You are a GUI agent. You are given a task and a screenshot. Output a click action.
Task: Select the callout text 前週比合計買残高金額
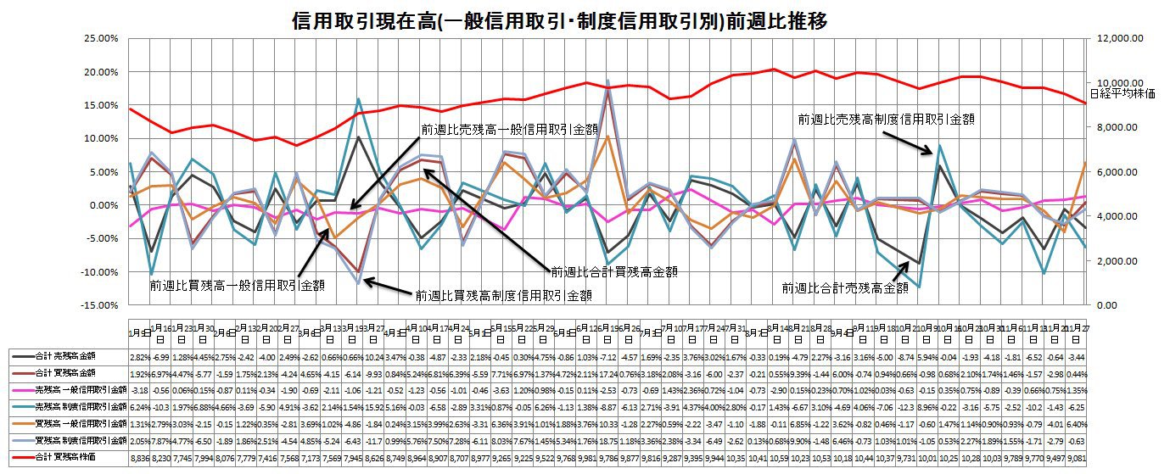[619, 272]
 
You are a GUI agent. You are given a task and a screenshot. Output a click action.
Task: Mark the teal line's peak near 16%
[359, 99]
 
